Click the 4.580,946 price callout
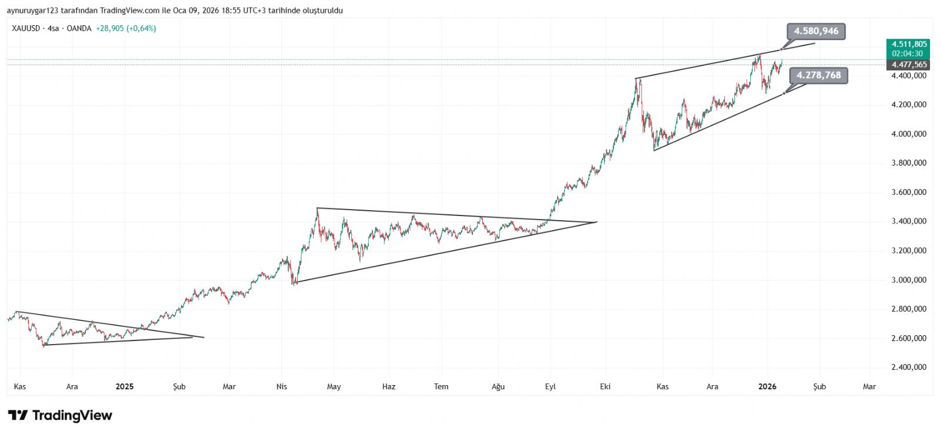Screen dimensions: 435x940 (816, 31)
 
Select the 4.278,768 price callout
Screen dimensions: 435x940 (818, 75)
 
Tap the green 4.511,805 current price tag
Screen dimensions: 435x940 (909, 44)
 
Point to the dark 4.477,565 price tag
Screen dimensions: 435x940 (909, 65)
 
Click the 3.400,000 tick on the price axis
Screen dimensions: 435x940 (909, 221)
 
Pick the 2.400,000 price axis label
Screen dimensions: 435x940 (909, 367)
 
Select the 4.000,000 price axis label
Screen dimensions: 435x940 (909, 134)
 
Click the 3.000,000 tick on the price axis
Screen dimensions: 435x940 (909, 280)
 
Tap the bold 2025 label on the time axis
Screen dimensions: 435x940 (125, 386)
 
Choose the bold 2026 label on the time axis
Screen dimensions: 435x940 (767, 386)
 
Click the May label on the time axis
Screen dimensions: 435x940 (334, 386)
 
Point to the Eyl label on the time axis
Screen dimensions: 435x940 (550, 386)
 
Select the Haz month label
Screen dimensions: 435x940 (389, 386)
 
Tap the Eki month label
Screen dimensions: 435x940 (605, 386)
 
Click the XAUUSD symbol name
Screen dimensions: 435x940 (26, 28)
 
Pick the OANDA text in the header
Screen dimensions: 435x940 (79, 28)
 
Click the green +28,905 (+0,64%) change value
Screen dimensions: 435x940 (126, 28)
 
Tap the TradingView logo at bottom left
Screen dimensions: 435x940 (60, 416)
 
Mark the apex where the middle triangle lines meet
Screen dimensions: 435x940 (597, 222)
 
